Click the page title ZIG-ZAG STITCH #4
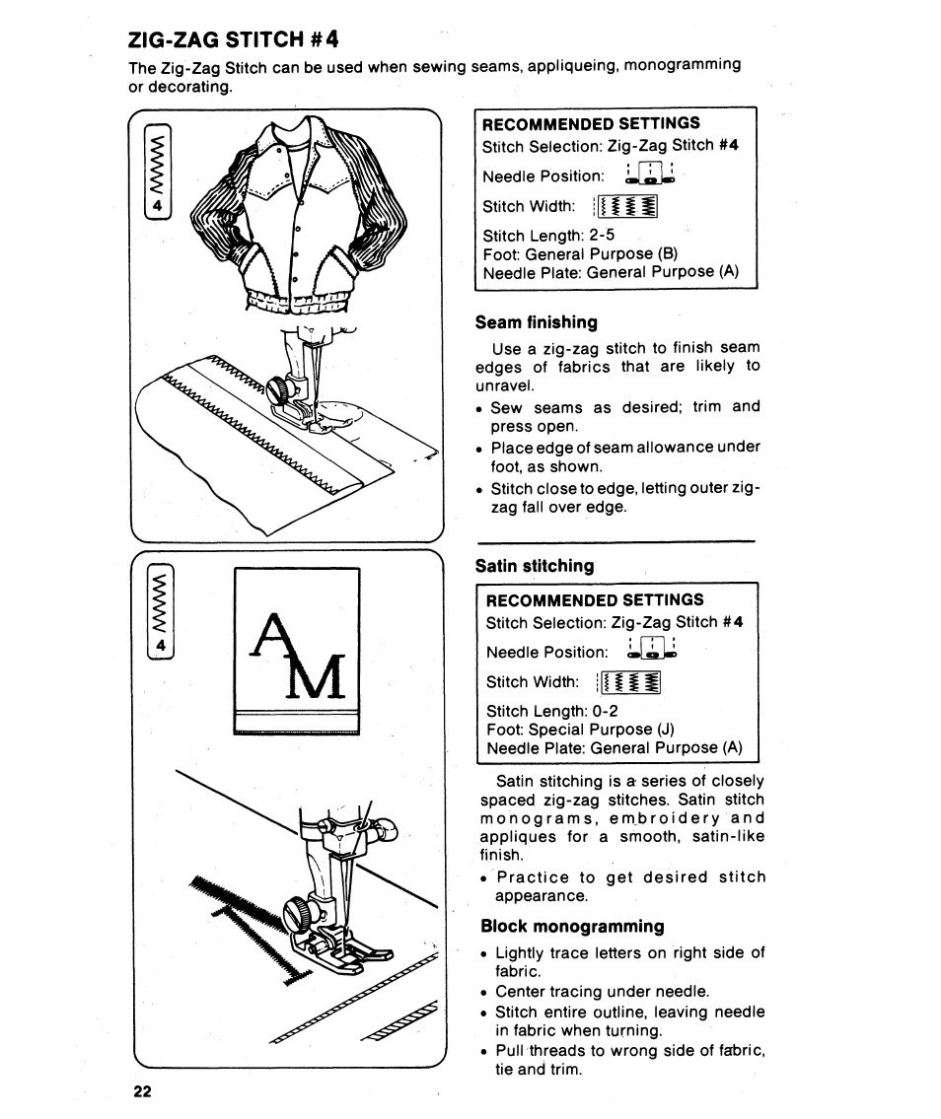234,40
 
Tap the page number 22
142,1091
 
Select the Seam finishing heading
536,322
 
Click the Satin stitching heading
535,566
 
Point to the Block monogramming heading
572,926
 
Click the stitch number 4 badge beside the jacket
157,207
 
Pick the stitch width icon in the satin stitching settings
629,682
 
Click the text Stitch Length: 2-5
548,236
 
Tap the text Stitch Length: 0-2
552,711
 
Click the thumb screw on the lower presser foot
299,915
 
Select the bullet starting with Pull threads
629,1060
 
